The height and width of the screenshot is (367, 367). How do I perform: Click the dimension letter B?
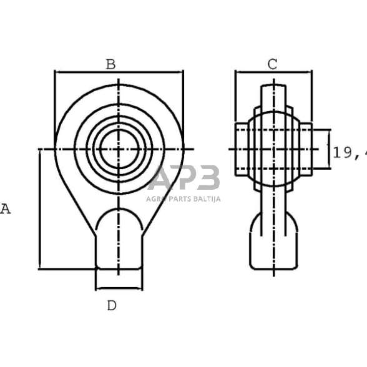coord(110,64)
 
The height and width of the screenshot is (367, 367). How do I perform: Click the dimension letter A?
coord(5,209)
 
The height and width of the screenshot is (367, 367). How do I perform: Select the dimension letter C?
coord(272,64)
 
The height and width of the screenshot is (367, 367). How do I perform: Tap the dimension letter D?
coord(111,305)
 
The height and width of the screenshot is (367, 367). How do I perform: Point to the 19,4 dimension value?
coord(349,152)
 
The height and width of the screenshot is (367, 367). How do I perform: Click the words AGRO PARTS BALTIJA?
coord(183,199)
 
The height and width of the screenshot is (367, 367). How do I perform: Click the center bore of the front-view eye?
coord(119,149)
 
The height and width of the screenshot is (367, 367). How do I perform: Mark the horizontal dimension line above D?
coord(119,288)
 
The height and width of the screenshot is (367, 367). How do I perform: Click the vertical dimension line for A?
coord(40,209)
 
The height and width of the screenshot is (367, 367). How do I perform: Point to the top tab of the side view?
coord(273,94)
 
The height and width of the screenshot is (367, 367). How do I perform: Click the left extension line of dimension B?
coord(55,106)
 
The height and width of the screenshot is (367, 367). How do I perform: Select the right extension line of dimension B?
coord(183,106)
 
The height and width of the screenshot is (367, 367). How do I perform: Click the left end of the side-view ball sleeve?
coord(241,149)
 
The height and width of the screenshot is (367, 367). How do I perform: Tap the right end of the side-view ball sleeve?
coord(306,149)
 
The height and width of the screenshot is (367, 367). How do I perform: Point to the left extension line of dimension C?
coord(235,100)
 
